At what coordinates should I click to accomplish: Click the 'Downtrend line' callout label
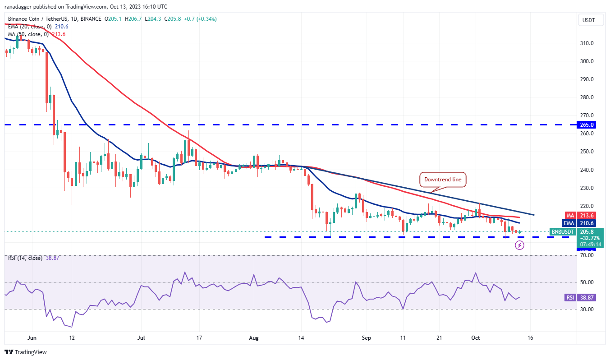(443, 180)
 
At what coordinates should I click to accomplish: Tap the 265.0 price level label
(587, 125)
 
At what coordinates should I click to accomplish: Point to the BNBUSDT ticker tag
(563, 232)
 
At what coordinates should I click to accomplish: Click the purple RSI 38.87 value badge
(570, 298)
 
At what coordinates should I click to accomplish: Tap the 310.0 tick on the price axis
(587, 43)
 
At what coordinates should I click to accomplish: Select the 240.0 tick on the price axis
(587, 170)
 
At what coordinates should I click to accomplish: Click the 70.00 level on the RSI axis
(587, 255)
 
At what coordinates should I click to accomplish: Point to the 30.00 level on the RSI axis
(587, 309)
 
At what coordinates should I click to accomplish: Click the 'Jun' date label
(31, 337)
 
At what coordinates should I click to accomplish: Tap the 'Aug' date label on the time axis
(254, 337)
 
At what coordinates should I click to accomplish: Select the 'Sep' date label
(367, 337)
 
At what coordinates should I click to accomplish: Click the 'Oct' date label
(475, 337)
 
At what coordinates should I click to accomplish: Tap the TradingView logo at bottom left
(26, 352)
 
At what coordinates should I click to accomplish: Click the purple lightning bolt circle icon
(520, 245)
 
